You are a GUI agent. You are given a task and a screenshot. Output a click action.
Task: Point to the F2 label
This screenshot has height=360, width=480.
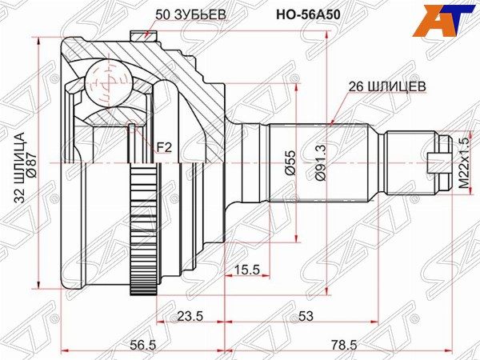pyautogui.click(x=163, y=146)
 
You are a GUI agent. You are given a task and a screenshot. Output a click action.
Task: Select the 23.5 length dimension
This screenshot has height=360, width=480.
pyautogui.click(x=190, y=316)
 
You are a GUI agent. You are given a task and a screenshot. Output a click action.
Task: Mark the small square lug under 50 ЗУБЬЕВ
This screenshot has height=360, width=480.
pyautogui.click(x=141, y=34)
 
